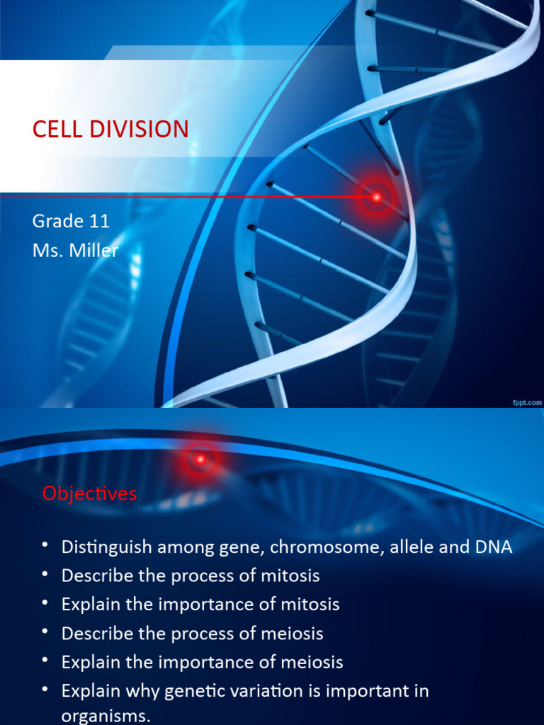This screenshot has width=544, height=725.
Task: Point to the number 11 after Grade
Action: (99, 221)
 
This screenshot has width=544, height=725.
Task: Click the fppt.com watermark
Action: (527, 402)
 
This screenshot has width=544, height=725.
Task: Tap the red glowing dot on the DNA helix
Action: (377, 196)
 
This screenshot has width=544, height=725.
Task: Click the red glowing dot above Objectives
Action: (200, 459)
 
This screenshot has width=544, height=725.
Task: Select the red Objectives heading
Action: (89, 493)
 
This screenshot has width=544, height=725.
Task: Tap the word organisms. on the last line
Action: (106, 716)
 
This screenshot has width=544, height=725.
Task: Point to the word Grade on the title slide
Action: (58, 221)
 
